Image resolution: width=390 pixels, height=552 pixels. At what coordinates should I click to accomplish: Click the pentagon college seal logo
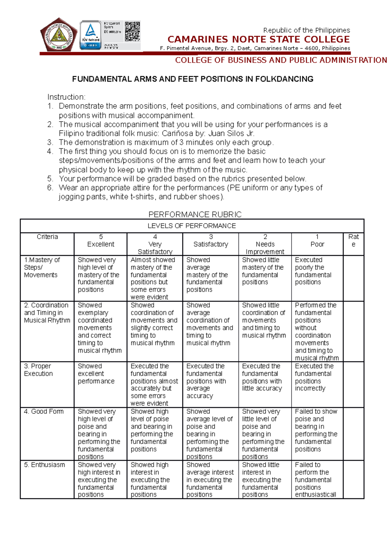tap(58, 35)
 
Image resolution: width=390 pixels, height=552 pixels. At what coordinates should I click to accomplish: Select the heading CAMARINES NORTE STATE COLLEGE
tap(258, 40)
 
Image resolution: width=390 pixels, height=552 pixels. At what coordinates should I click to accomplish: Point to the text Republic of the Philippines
tap(306, 30)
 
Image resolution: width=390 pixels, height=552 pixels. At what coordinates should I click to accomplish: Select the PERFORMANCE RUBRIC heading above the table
tap(195, 214)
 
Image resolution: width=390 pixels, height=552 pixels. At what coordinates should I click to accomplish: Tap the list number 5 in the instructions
tap(50, 178)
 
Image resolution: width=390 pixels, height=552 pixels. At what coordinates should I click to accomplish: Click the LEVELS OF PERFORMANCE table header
tap(192, 226)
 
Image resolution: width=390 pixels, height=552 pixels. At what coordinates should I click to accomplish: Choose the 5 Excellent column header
tap(101, 241)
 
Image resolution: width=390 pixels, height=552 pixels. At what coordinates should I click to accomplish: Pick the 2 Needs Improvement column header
tap(265, 244)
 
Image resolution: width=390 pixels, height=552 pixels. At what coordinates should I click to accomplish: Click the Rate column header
tap(353, 241)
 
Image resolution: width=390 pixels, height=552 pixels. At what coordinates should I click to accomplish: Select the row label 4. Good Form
tap(44, 412)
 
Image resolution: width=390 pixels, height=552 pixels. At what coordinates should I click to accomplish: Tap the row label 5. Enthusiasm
tap(45, 465)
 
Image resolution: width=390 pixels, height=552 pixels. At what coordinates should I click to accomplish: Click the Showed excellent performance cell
tap(96, 374)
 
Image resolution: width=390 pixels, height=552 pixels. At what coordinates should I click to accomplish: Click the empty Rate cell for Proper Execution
tap(353, 384)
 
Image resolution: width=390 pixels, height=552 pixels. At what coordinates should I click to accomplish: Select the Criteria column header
tap(47, 237)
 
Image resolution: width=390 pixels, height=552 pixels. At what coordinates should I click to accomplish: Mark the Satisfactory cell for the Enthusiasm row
tap(210, 480)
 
